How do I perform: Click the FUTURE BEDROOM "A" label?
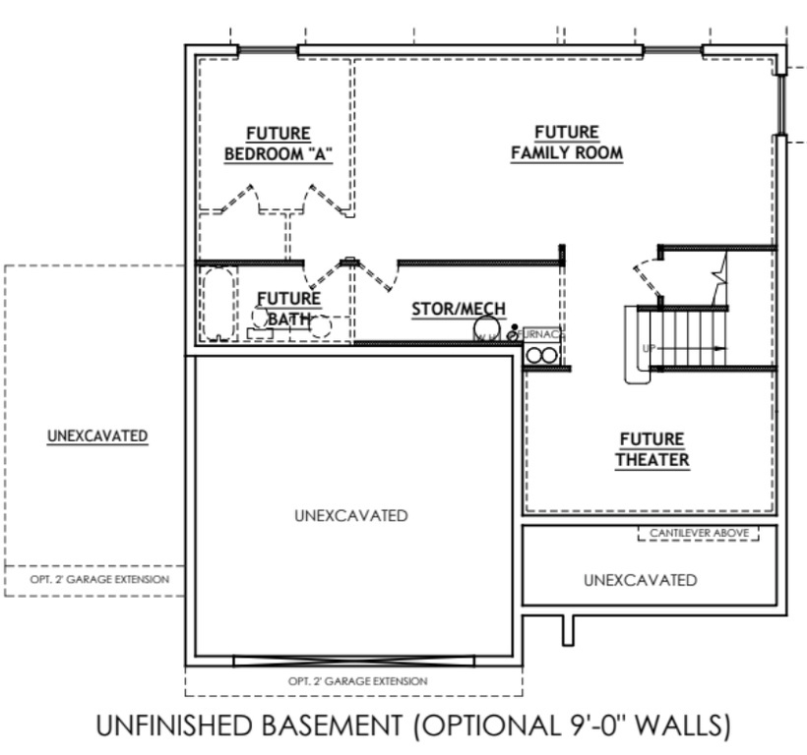pyautogui.click(x=278, y=144)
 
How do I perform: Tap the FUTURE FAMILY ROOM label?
pyautogui.click(x=567, y=144)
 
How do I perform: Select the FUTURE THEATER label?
pyautogui.click(x=652, y=449)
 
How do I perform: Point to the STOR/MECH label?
pyautogui.click(x=459, y=309)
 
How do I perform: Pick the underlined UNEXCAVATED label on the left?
pyautogui.click(x=97, y=436)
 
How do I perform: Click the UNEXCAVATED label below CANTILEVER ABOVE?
pyautogui.click(x=640, y=580)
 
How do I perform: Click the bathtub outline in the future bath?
pyautogui.click(x=216, y=303)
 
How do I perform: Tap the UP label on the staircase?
pyautogui.click(x=649, y=349)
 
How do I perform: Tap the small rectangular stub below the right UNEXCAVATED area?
pyautogui.click(x=568, y=629)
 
